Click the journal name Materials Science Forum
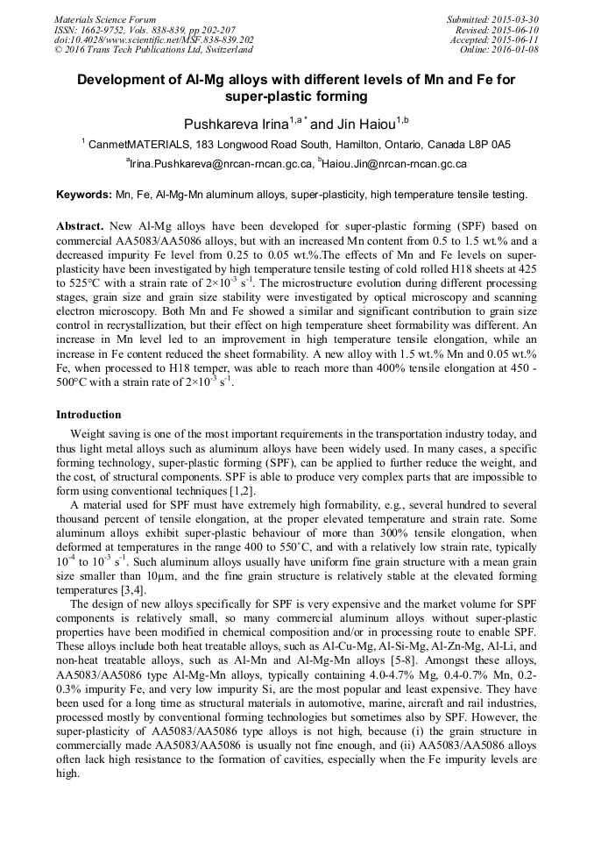point(105,19)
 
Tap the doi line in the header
point(154,39)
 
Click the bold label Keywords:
point(84,194)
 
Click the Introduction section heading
point(88,414)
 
